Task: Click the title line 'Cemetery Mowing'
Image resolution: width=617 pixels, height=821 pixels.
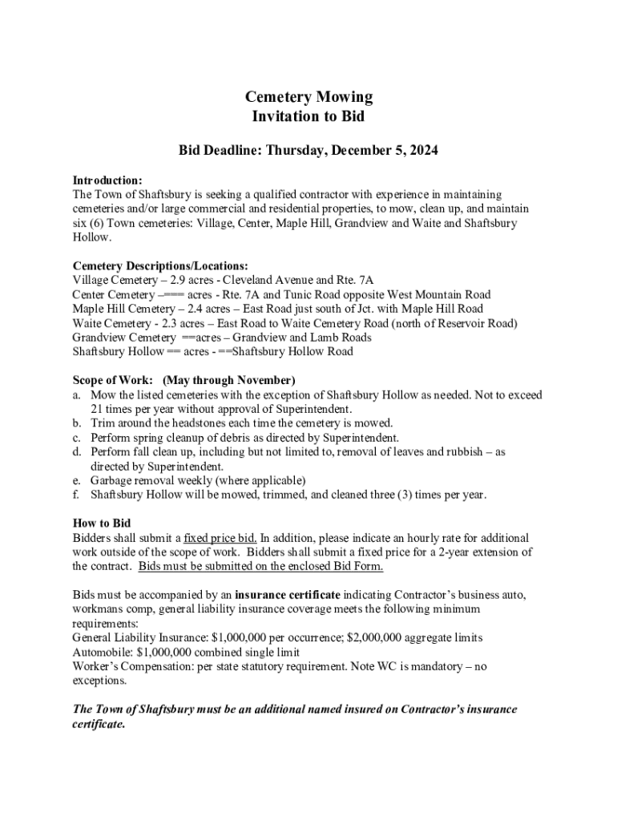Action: click(x=308, y=97)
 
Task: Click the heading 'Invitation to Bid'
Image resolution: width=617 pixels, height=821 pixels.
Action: click(x=308, y=116)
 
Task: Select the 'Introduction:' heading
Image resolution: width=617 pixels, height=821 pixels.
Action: click(x=107, y=180)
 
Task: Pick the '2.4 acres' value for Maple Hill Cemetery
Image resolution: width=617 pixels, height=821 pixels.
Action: click(x=211, y=309)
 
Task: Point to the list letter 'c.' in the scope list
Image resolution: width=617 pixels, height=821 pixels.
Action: click(x=77, y=438)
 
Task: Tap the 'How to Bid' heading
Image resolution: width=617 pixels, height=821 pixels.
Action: click(x=102, y=524)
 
